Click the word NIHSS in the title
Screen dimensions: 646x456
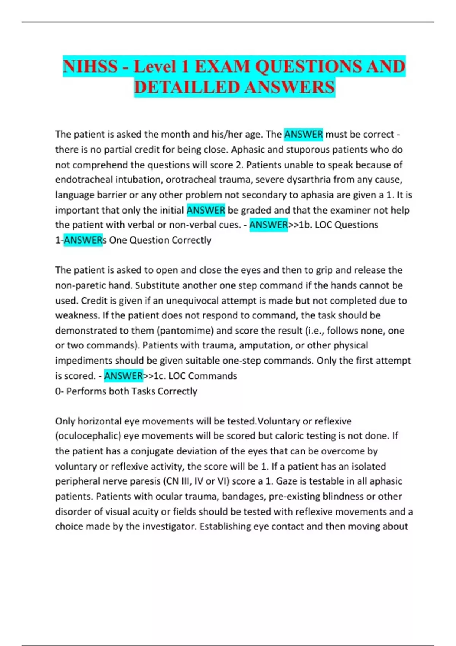[x=90, y=67]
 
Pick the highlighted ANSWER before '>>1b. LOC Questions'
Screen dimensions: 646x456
[x=268, y=225]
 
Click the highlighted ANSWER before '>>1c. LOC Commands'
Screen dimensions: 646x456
[x=123, y=376]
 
